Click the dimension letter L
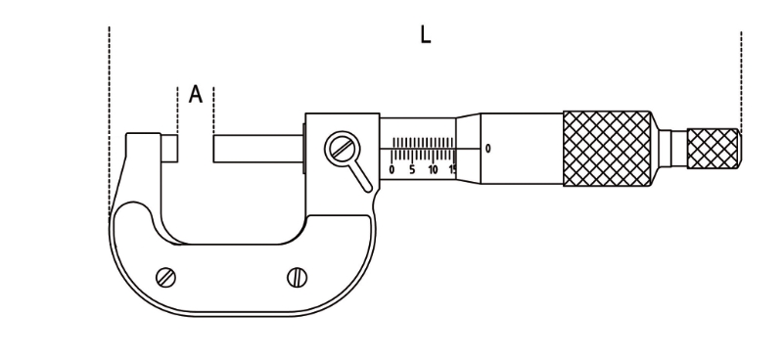(425, 35)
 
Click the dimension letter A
(196, 94)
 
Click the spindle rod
(258, 149)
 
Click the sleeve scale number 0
(391, 170)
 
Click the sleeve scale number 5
(412, 170)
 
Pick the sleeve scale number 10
(433, 170)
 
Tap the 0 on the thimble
(487, 149)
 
